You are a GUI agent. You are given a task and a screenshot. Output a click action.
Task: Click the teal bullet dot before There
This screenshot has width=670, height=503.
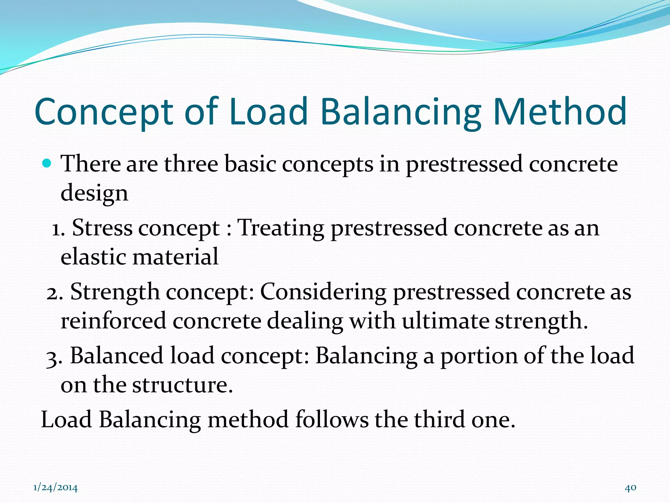47,163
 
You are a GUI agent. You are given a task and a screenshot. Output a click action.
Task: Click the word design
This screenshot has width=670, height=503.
94,193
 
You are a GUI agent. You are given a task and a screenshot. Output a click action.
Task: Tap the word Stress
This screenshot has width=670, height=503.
102,228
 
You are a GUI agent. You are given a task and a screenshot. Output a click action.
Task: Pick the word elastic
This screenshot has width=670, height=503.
93,256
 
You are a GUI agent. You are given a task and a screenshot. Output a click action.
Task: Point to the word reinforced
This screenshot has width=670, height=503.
113,321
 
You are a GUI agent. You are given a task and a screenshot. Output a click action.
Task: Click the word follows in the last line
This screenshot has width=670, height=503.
331,419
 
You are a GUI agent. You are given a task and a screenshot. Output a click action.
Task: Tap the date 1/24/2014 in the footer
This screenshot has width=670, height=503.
56,488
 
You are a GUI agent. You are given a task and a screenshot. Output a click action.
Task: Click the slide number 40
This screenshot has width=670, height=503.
630,488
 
